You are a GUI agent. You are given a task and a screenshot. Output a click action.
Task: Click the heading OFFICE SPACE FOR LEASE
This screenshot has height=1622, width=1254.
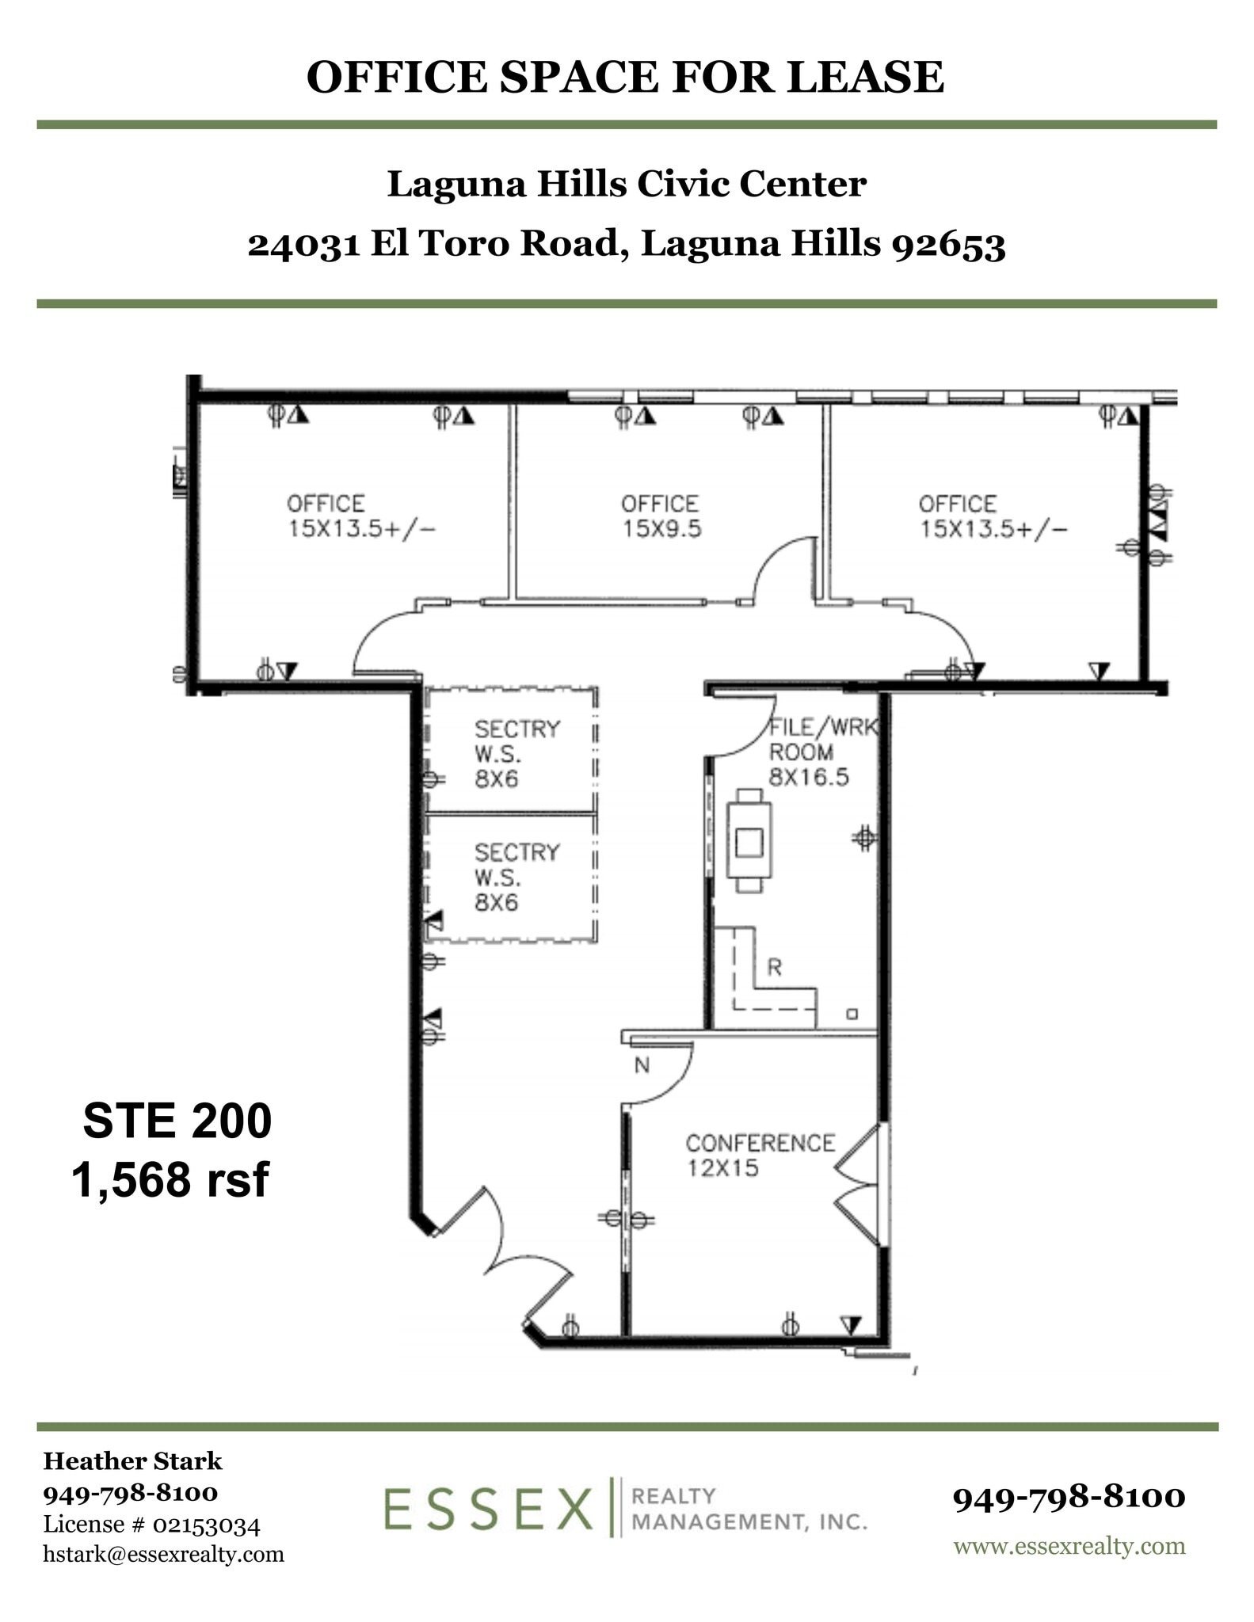coord(625,78)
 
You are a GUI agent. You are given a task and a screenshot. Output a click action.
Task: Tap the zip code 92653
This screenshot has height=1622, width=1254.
coord(948,244)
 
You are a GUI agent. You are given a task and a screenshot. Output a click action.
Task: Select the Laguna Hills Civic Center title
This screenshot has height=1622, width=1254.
coord(626,185)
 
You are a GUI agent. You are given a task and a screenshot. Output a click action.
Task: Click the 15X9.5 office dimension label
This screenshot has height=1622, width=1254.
coord(661,529)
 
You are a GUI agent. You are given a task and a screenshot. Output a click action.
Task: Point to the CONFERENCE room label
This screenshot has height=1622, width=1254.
coord(760,1143)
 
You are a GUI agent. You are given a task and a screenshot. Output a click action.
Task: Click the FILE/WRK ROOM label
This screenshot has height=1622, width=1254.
coord(824,739)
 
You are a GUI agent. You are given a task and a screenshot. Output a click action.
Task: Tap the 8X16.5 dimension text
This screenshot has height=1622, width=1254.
coord(808,777)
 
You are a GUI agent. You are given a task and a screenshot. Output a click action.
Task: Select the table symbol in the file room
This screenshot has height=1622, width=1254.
coord(749,840)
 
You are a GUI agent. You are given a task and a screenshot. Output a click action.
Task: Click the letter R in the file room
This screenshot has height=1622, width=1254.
coord(774,967)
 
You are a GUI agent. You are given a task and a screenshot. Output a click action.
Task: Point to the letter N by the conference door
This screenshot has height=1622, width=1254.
coord(642,1066)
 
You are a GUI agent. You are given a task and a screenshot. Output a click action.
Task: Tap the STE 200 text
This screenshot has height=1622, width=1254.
coord(177,1121)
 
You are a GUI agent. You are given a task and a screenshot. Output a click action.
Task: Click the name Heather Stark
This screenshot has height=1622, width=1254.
coord(132,1461)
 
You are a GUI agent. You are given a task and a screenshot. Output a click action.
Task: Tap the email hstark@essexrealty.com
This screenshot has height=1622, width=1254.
coord(163,1554)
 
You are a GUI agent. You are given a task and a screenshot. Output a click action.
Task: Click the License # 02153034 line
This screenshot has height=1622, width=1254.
coord(151,1524)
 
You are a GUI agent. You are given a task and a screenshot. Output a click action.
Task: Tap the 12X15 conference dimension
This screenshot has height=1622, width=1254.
coord(722,1168)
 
